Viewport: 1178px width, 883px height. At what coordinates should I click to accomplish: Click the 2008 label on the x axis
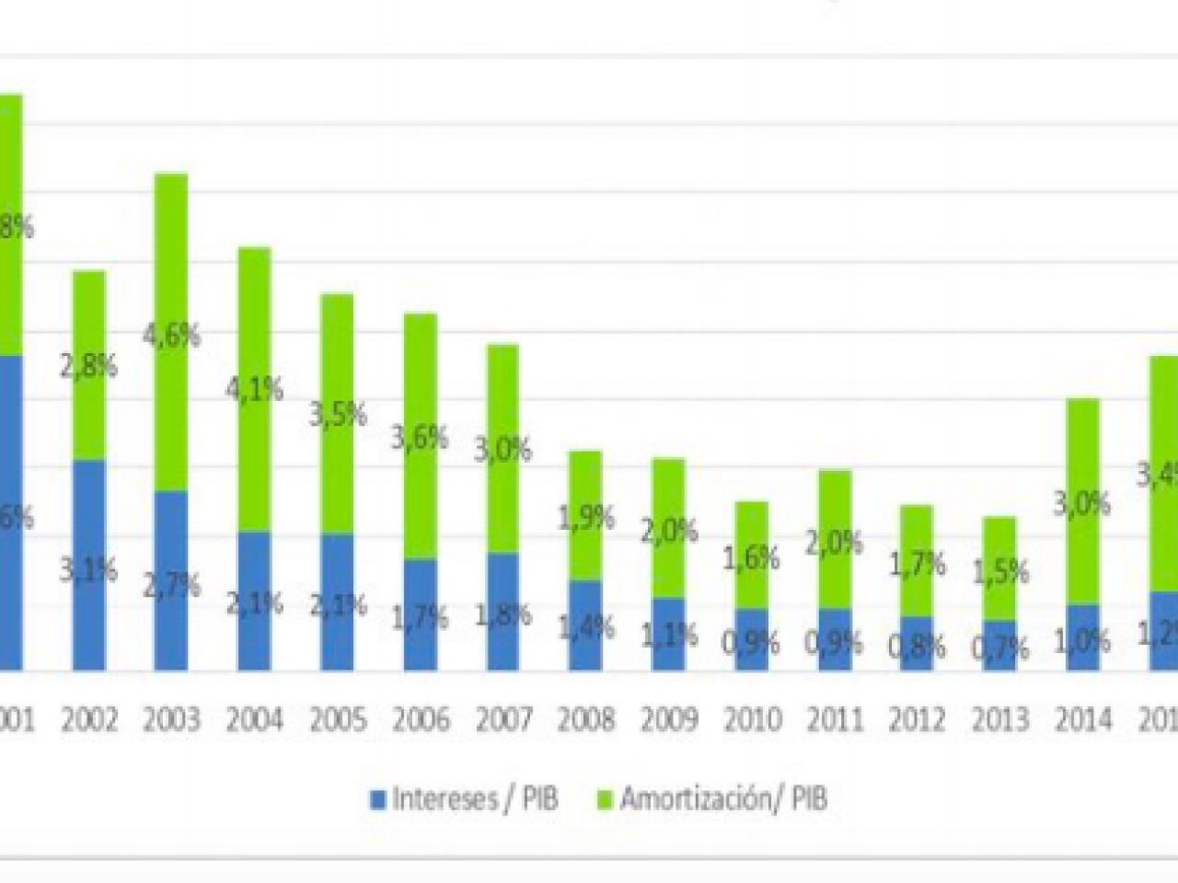click(586, 719)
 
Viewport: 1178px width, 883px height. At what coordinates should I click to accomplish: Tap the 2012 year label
click(918, 719)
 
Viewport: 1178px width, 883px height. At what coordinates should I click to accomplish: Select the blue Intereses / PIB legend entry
click(464, 797)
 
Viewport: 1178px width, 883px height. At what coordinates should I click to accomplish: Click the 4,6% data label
click(172, 335)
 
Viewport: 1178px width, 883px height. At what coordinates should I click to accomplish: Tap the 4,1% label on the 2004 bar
click(255, 390)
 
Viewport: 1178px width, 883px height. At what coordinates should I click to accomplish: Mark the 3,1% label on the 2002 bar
click(89, 570)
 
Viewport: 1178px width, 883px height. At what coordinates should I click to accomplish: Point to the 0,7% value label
click(1000, 649)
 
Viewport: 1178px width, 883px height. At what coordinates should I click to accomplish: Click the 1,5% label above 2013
click(1000, 572)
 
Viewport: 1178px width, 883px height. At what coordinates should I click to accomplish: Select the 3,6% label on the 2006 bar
click(420, 437)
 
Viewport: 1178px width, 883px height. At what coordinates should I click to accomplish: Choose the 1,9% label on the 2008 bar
click(586, 519)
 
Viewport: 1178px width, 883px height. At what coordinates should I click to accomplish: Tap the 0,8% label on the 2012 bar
click(918, 646)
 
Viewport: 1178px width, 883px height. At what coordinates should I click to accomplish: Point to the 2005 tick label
click(338, 719)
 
